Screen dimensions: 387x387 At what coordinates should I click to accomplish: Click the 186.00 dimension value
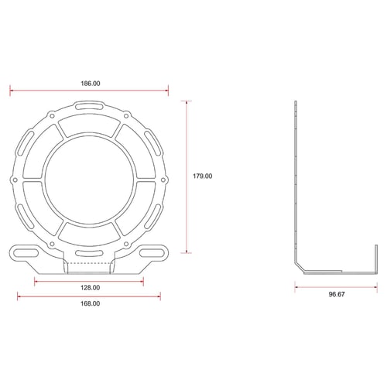[90, 82]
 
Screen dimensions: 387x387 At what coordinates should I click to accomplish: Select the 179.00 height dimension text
[202, 176]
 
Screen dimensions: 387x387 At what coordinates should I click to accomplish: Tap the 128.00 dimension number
[90, 287]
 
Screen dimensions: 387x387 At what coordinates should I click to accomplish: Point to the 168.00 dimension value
[90, 303]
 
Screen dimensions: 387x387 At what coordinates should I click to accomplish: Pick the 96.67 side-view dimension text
[336, 295]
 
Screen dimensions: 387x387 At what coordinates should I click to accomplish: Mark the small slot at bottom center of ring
[90, 253]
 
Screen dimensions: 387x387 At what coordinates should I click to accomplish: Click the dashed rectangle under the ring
[90, 268]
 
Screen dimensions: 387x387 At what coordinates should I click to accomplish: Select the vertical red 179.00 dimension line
[187, 176]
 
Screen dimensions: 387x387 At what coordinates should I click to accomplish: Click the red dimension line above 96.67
[336, 286]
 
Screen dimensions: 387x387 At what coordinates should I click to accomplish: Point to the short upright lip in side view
[375, 255]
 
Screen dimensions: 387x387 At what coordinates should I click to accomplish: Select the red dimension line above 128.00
[90, 279]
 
